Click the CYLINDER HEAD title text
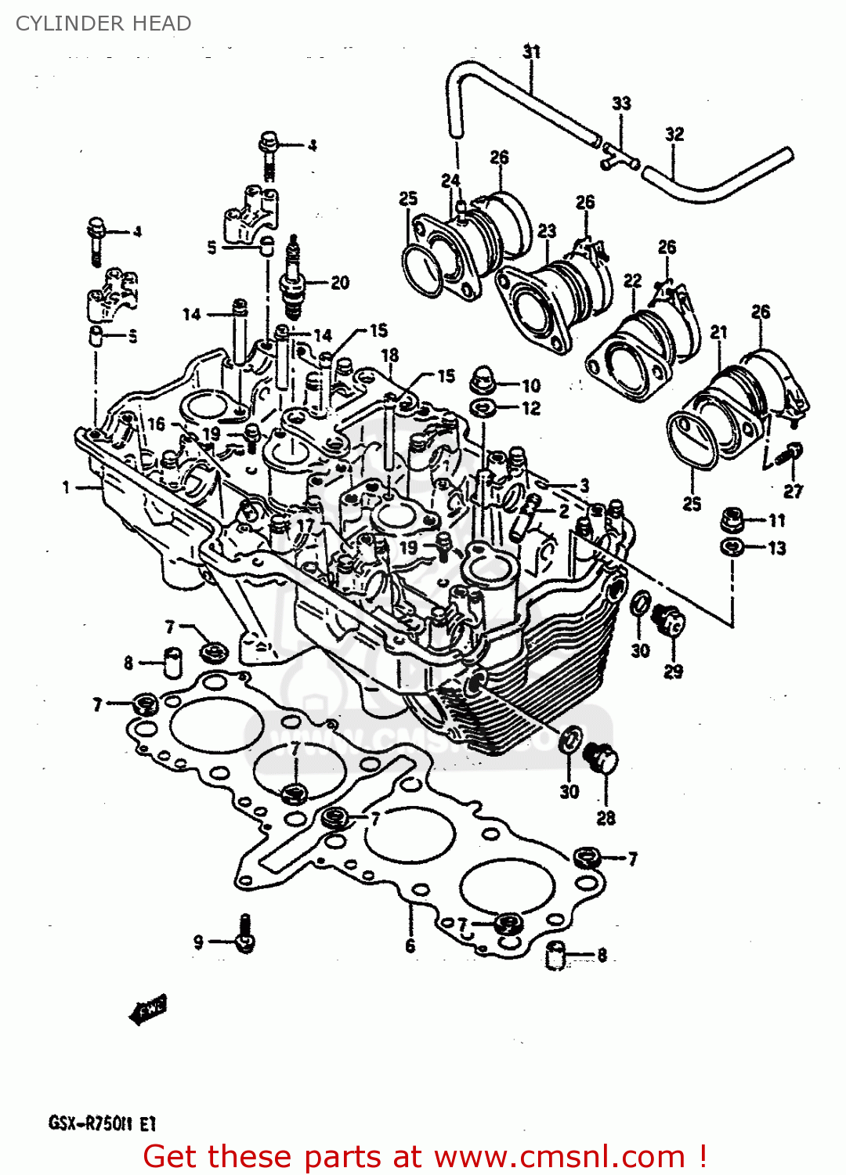[103, 23]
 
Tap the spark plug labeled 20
[293, 278]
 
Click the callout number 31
[532, 52]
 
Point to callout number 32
[674, 134]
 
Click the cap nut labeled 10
[481, 381]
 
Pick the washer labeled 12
[481, 407]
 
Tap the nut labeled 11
[732, 519]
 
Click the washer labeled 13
[732, 547]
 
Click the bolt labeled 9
[245, 935]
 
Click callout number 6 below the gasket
[410, 946]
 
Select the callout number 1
[67, 487]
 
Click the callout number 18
[390, 355]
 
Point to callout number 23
[547, 230]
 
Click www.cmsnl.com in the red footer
[559, 1156]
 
